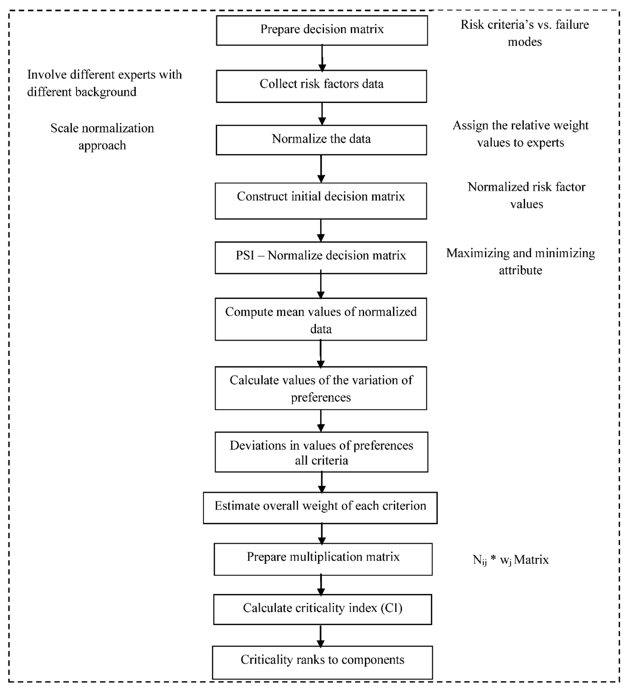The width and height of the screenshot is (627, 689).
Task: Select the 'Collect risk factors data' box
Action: tap(321, 86)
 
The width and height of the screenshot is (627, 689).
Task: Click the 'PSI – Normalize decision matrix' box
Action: tap(321, 258)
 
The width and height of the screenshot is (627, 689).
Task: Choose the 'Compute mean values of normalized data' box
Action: tap(321, 319)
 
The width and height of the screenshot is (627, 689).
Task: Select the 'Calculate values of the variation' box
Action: tap(321, 388)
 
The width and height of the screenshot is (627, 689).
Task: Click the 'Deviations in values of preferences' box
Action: tap(321, 452)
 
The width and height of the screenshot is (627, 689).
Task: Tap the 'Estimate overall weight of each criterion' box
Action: tap(320, 508)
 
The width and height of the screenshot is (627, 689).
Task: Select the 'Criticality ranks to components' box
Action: tap(322, 662)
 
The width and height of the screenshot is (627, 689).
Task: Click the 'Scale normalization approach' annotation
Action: tap(102, 137)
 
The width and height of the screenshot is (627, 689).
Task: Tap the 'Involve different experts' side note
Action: tap(104, 83)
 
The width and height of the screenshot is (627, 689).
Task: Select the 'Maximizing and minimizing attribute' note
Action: tap(520, 261)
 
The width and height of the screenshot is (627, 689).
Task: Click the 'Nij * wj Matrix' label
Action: tap(510, 560)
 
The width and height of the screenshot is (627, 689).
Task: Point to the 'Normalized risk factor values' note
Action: tap(526, 195)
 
